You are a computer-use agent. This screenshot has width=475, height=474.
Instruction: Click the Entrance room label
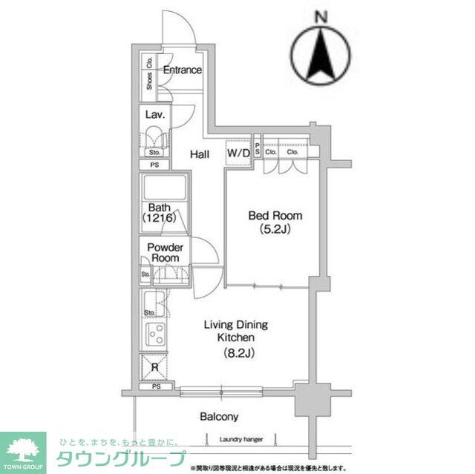pos(182,70)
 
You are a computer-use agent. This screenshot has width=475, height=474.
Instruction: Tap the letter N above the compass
pos(321,16)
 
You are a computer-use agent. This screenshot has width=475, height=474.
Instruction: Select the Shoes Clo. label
pos(150,75)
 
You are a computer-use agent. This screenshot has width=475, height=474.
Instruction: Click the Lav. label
pos(154,114)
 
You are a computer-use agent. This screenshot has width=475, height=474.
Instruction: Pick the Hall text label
pos(199,154)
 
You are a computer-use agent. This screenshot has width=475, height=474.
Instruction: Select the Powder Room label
pos(165,252)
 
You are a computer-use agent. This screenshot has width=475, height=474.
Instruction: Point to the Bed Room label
pos(275,216)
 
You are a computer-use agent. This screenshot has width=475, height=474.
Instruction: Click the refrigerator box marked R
pos(154,366)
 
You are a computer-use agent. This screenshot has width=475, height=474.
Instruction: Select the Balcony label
pos(219,417)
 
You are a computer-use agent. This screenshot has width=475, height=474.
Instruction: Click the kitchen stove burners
pos(156,335)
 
